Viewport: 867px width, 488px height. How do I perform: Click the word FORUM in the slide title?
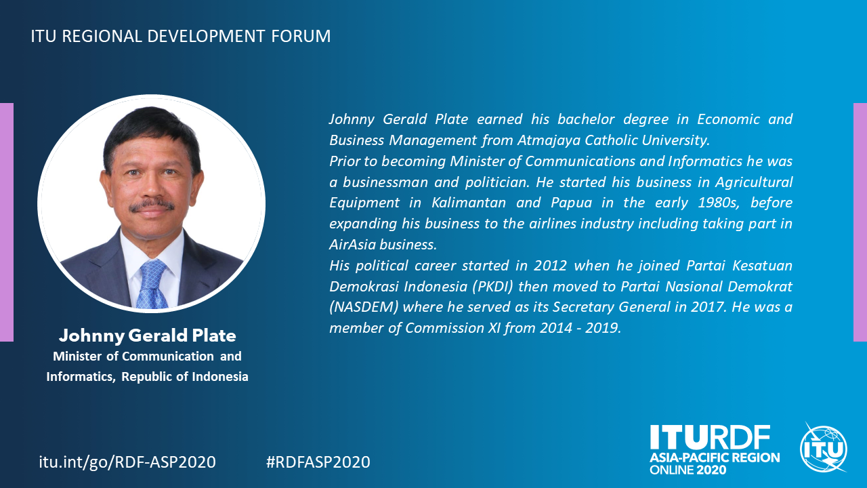point(301,36)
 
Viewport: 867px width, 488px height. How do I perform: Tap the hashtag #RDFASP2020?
point(318,462)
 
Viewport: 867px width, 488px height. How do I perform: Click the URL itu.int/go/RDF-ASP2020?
point(127,462)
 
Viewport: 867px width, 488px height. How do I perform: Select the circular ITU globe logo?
point(824,448)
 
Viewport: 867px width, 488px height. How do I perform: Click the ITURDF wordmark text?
point(710,437)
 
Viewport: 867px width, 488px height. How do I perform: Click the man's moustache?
point(152,205)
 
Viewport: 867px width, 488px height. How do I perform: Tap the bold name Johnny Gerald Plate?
point(148,335)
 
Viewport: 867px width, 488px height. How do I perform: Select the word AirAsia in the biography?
point(353,245)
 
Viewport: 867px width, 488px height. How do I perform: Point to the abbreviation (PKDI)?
point(492,287)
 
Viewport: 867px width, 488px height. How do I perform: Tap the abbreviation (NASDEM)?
point(364,307)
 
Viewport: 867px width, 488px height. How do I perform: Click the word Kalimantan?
point(469,203)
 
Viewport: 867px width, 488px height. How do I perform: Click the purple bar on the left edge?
point(7,222)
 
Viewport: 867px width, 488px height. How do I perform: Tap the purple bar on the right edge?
point(860,222)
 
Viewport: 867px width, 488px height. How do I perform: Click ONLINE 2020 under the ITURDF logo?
point(688,470)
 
